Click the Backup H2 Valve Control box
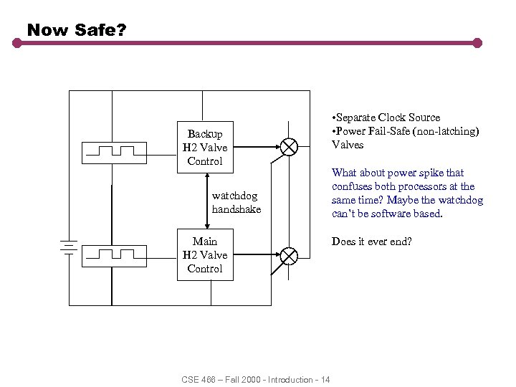coord(205,147)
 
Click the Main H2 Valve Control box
coord(205,254)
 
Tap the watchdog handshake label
coord(236,202)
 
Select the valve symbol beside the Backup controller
coord(289,147)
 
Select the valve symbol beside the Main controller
coord(289,254)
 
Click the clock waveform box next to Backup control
coord(115,151)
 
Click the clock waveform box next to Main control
coord(115,254)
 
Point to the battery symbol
coord(68,247)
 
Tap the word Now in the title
coord(44,30)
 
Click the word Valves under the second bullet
coord(348,145)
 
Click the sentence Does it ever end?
coord(371,242)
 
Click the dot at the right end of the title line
coord(477,43)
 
